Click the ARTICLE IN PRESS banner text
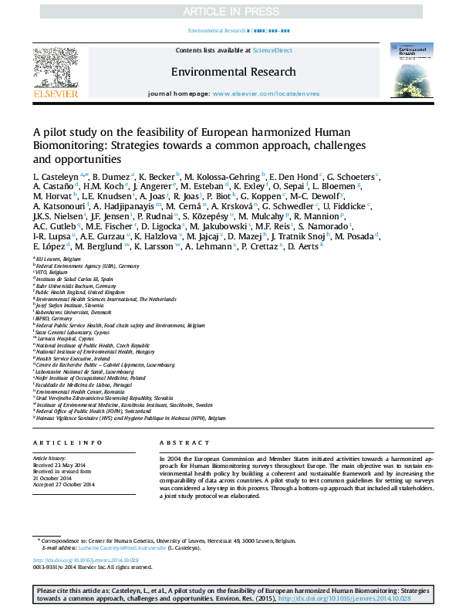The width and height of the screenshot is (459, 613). tap(228, 12)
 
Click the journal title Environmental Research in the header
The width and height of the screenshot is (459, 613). tap(233, 72)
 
